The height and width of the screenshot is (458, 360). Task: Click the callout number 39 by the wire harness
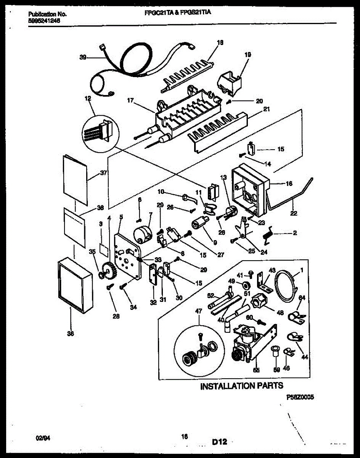(83, 57)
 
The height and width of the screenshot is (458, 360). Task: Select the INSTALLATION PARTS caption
(242, 386)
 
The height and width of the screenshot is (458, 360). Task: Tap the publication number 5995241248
(45, 21)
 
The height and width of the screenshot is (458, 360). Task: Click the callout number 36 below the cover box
(70, 334)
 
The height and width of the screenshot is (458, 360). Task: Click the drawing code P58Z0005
(300, 397)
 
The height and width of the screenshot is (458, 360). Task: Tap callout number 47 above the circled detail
(199, 311)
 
